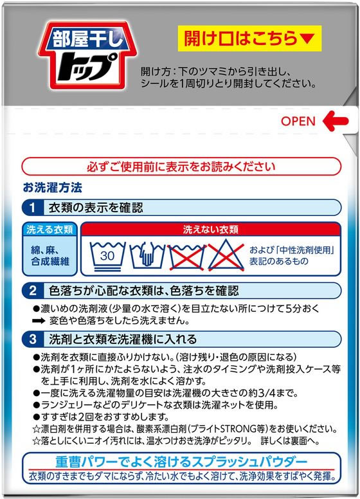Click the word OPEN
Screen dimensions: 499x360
click(x=298, y=121)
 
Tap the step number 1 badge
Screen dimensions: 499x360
click(x=33, y=208)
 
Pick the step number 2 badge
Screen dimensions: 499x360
click(x=33, y=291)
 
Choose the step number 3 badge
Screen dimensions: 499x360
click(x=33, y=339)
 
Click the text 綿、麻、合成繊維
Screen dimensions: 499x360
click(x=50, y=255)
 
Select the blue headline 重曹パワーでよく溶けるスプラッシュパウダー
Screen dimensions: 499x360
click(x=181, y=462)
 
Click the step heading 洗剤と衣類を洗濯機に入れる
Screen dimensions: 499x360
click(x=123, y=339)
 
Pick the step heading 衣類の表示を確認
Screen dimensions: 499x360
click(x=96, y=208)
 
